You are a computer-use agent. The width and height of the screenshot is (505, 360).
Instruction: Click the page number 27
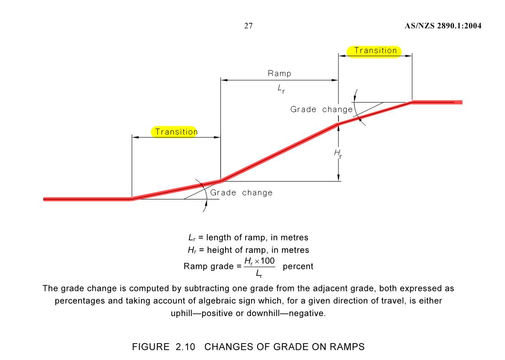point(248,26)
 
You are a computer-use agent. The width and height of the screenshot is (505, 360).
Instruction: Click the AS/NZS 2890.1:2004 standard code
point(443,26)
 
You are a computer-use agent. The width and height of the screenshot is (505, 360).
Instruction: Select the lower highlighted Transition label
point(176,132)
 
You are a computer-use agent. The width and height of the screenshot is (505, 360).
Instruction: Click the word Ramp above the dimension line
point(279,74)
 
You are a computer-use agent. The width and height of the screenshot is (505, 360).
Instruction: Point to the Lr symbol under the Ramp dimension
point(281,90)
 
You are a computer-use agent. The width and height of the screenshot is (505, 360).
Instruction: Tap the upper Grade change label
point(321,110)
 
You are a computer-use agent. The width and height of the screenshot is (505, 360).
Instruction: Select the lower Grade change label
point(241,193)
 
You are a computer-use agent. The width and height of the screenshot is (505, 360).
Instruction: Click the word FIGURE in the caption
point(150,347)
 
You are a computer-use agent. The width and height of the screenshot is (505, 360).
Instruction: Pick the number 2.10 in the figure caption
point(185,347)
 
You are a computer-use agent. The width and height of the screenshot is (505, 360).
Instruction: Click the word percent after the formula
point(298,266)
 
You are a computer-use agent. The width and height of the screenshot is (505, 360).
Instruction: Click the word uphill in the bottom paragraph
point(183,314)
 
